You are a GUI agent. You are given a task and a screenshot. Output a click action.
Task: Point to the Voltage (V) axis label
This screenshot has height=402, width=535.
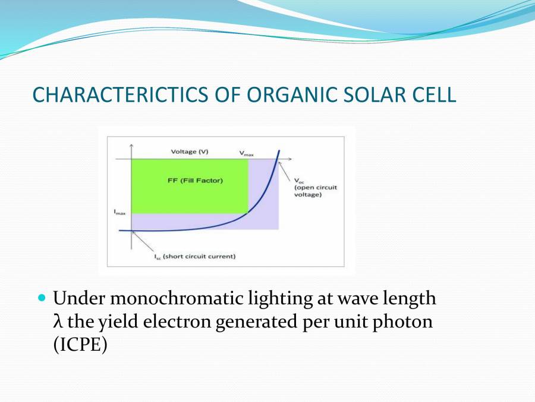coord(190,151)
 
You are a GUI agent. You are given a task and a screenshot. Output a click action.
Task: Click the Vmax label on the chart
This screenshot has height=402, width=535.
coord(247,153)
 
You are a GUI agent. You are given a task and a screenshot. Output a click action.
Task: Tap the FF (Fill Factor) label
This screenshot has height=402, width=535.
coord(195,180)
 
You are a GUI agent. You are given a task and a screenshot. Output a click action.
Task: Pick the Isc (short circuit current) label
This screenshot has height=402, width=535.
coord(195,257)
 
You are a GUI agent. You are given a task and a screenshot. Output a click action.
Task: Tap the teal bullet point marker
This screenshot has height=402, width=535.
coord(42,297)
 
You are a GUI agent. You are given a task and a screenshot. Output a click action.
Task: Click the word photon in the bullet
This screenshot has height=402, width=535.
coord(405,322)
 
